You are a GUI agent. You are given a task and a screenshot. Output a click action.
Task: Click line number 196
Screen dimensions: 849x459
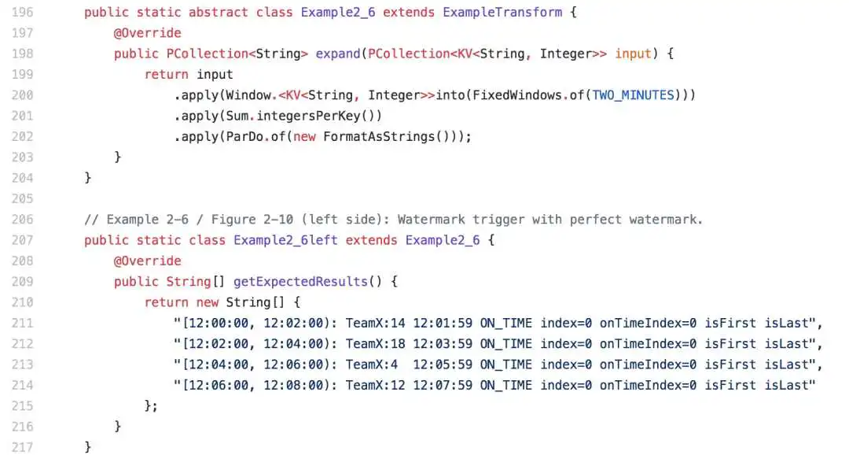tap(22, 13)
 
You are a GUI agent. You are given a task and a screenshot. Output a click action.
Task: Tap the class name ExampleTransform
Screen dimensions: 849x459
tap(502, 13)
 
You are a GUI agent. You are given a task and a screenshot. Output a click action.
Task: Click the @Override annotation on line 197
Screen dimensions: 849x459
tap(147, 33)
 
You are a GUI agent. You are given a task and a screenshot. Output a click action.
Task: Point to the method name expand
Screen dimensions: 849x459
tap(338, 54)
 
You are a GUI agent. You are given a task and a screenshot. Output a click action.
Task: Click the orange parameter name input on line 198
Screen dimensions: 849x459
tap(633, 54)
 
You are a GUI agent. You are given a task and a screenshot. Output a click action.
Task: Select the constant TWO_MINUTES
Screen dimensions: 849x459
tap(633, 95)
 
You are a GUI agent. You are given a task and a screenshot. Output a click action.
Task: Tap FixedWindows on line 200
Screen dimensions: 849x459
tap(517, 95)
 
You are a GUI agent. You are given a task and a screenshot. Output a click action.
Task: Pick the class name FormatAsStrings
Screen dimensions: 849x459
tap(379, 137)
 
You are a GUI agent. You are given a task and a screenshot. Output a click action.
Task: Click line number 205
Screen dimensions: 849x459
tap(22, 199)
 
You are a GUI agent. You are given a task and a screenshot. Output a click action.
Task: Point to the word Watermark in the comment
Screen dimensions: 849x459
tap(431, 220)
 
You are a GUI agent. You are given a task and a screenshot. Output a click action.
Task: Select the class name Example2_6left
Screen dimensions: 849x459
tap(285, 240)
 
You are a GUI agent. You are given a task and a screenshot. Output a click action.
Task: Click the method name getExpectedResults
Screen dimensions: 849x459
tap(300, 282)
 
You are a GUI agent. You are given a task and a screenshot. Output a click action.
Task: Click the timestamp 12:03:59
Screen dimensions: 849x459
tap(443, 344)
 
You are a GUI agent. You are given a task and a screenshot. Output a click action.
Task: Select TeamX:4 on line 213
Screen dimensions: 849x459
tap(371, 365)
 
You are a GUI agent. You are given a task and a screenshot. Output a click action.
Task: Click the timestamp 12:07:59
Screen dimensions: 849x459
tap(443, 385)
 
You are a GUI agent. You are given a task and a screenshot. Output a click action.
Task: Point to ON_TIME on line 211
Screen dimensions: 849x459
tap(505, 324)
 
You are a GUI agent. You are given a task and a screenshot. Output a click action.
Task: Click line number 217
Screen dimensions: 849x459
tap(22, 448)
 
